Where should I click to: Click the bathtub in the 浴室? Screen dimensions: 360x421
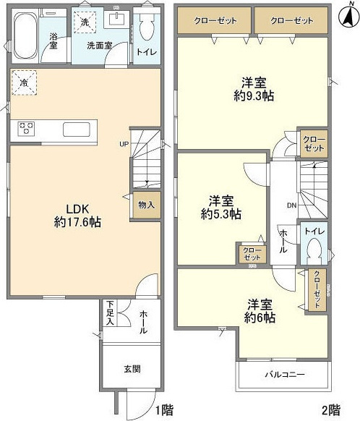coord(25,35)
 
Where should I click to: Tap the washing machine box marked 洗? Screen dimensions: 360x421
coord(85,22)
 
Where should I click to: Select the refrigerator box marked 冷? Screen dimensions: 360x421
coord(24,82)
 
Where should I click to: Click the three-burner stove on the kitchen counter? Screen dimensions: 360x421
coord(26,128)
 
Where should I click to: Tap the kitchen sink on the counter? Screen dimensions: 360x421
coord(77,129)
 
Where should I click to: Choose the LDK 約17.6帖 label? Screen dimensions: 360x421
coord(77,216)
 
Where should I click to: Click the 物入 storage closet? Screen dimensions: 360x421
coord(147,205)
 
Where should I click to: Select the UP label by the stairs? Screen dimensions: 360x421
coord(124,144)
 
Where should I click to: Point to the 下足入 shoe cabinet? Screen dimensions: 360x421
coord(111,313)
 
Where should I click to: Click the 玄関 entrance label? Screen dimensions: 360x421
coord(132,369)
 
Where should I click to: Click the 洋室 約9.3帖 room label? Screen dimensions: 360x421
coord(254,89)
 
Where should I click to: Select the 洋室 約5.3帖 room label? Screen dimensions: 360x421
coord(221,208)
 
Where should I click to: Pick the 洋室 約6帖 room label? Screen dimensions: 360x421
coord(260,311)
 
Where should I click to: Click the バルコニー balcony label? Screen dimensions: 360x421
coord(285,374)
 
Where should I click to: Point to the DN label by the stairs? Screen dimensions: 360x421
coord(292,205)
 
